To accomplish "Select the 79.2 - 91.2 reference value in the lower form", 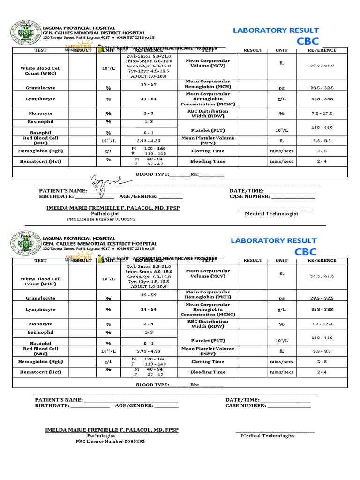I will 322,277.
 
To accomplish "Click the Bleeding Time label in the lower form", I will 208,372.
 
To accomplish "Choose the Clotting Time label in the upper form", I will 208,151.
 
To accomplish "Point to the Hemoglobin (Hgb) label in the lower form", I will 41,362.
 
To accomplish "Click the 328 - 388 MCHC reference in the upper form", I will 322,99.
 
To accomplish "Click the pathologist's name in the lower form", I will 112,430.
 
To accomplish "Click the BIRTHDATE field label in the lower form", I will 52,406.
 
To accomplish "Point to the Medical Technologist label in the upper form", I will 271,214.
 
